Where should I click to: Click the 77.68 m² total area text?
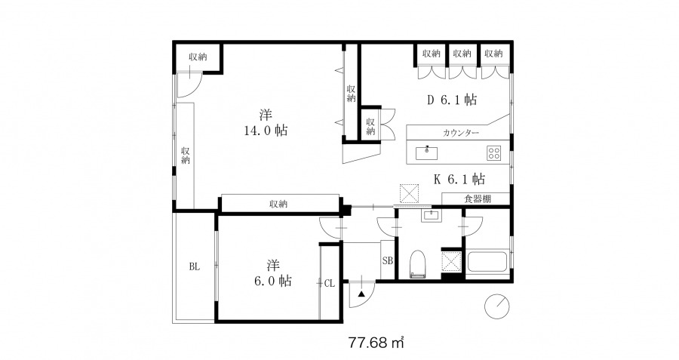376,343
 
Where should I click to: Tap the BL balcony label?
194,267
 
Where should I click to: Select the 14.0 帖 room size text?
266,130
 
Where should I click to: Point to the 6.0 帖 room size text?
273,281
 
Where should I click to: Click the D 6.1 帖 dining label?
452,100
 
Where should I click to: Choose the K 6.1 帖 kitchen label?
459,178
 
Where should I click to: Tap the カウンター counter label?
461,133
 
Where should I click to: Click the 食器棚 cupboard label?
478,198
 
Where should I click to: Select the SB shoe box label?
388,261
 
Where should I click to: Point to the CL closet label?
330,284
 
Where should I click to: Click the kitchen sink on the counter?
426,153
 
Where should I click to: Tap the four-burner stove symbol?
493,153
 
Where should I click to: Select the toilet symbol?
418,264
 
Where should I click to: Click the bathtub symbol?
487,261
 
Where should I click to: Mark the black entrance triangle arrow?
361,294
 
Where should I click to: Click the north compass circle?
496,306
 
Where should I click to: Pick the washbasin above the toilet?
431,215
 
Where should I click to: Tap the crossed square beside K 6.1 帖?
409,194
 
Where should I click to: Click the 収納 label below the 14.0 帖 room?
278,204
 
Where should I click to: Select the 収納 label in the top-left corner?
198,57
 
